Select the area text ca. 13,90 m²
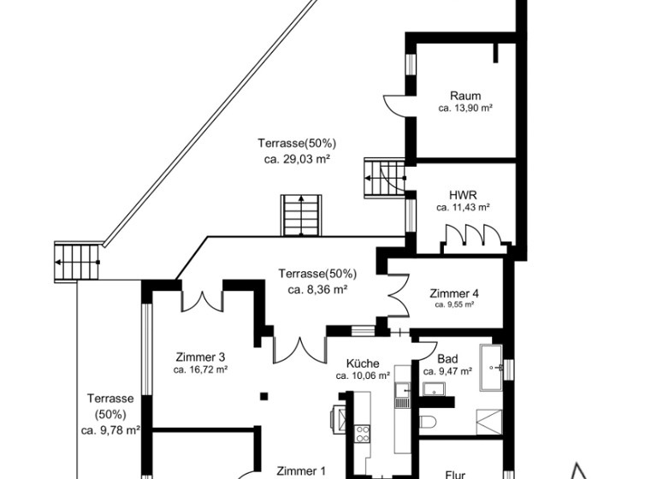pos(465,109)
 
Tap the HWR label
pos(462,194)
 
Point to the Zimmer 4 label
pos(453,292)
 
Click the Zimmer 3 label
pos(200,357)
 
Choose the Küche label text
pos(363,364)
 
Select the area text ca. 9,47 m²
pos(442,371)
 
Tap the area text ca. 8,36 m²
pos(317,289)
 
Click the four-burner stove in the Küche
pos(362,431)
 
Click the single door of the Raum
pos(395,104)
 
